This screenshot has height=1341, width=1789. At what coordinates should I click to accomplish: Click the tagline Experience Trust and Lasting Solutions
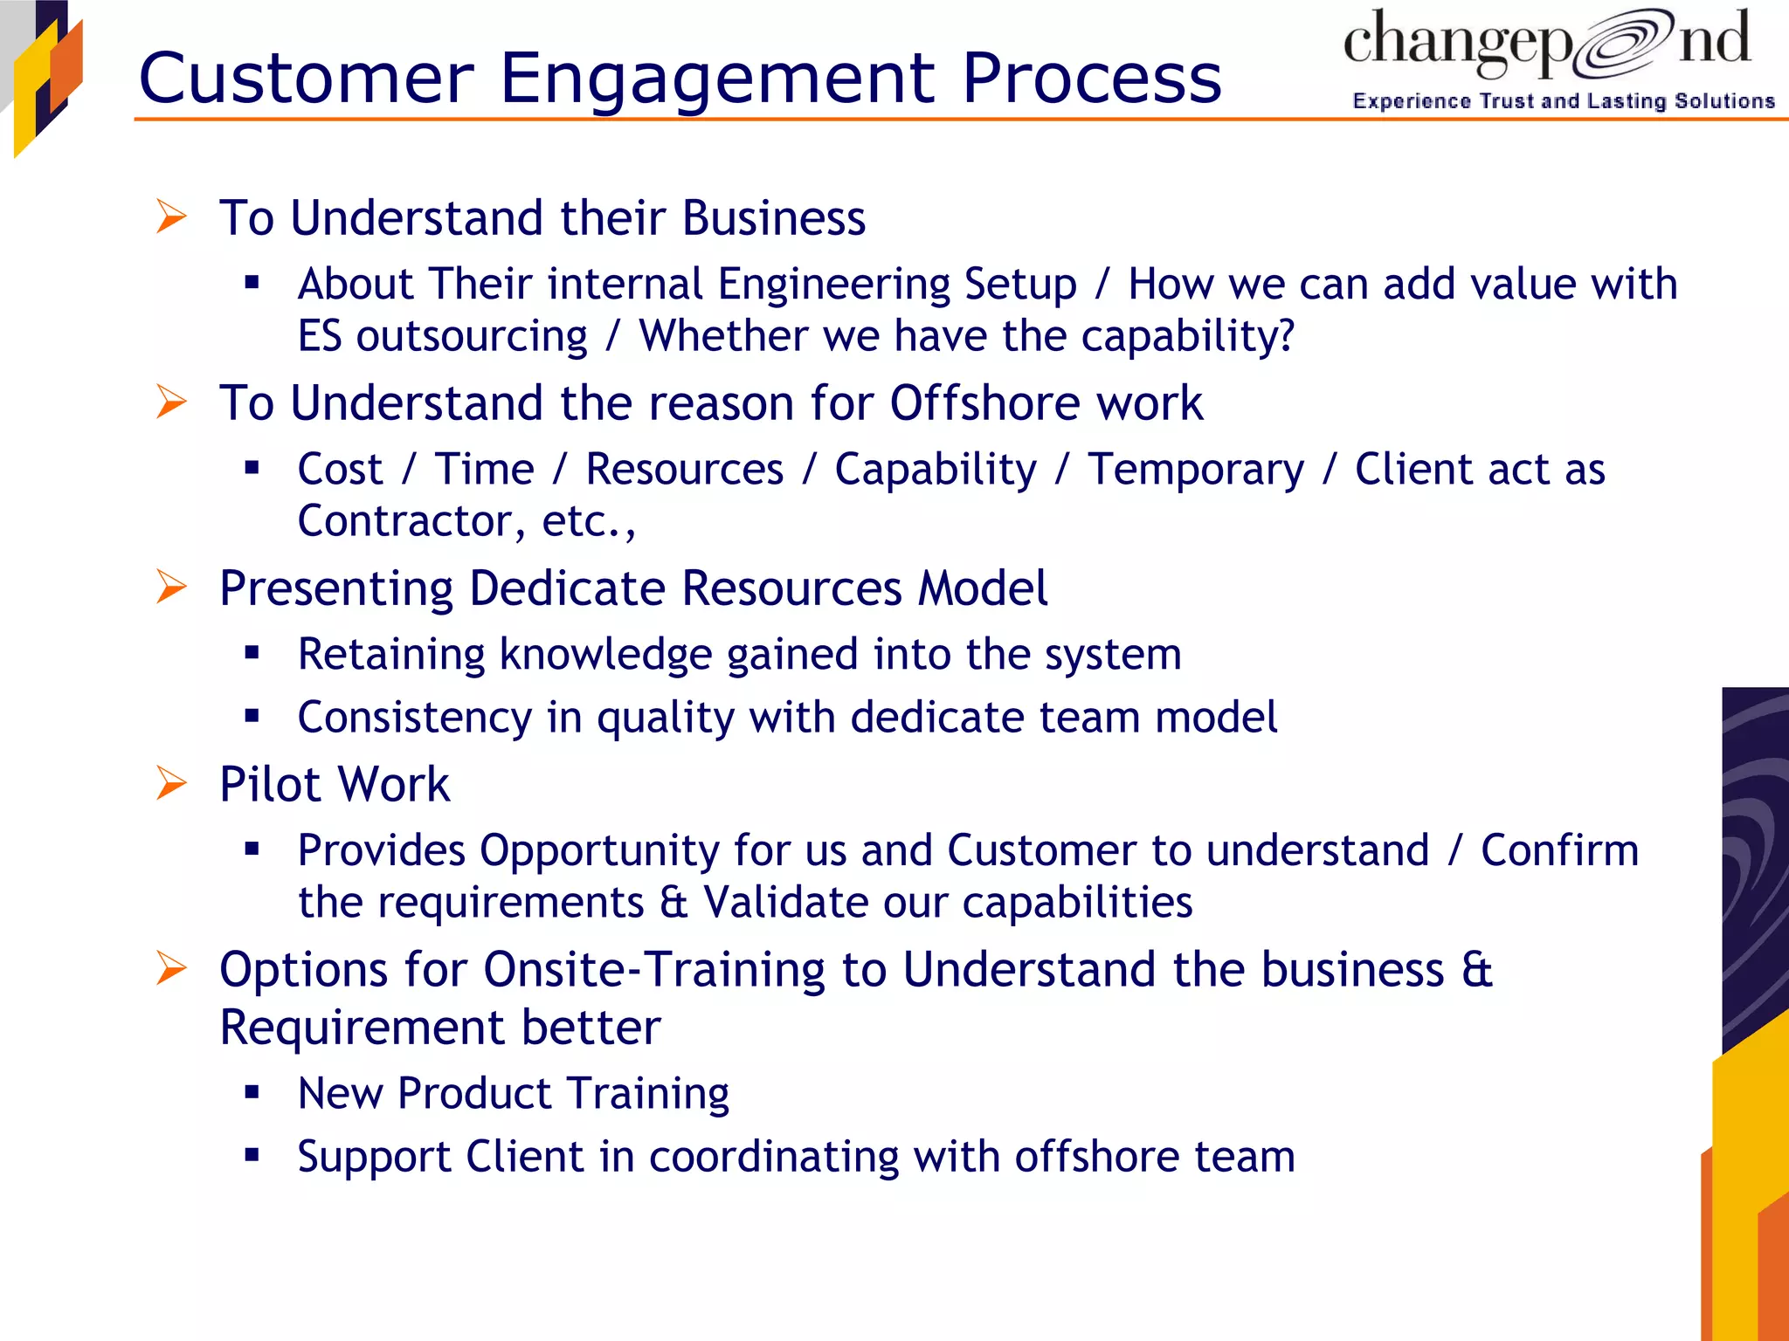1563,101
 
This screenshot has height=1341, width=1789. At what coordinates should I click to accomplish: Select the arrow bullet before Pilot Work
171,783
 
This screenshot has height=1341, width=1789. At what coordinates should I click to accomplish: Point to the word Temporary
1195,470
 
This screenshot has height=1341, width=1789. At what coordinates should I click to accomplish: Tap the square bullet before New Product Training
252,1091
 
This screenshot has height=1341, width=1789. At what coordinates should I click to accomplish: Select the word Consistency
414,718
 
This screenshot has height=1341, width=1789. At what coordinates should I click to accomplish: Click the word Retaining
390,654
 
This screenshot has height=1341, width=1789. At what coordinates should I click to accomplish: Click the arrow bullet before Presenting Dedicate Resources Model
171,587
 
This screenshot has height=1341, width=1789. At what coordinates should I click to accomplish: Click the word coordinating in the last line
774,1157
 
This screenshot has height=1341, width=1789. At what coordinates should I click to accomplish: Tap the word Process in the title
1091,79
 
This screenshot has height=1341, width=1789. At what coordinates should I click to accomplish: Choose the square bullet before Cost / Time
252,468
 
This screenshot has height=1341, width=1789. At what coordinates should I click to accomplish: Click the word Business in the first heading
773,218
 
